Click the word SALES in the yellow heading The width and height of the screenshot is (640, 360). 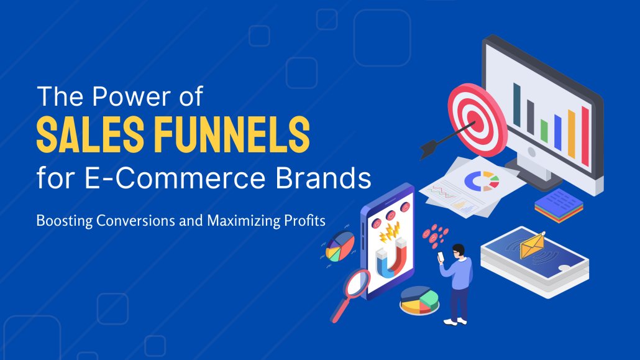pyautogui.click(x=90, y=134)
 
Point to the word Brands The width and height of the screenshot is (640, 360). pyautogui.click(x=323, y=178)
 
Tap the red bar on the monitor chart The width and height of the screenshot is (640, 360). pyautogui.click(x=585, y=136)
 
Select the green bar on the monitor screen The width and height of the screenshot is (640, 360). pyautogui.click(x=544, y=131)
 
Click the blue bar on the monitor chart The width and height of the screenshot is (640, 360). pyautogui.click(x=557, y=132)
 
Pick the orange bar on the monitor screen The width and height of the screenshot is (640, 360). pyautogui.click(x=572, y=134)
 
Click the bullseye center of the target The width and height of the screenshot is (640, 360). pyautogui.click(x=473, y=119)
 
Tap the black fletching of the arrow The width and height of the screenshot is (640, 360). pyautogui.click(x=429, y=149)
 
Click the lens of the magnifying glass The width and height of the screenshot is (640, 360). pyautogui.click(x=358, y=282)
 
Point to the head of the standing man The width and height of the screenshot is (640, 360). pyautogui.click(x=459, y=251)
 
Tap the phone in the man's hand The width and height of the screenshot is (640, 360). pyautogui.click(x=441, y=257)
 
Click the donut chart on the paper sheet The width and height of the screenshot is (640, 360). pyautogui.click(x=482, y=181)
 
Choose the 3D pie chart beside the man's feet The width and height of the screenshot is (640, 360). pyautogui.click(x=419, y=300)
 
